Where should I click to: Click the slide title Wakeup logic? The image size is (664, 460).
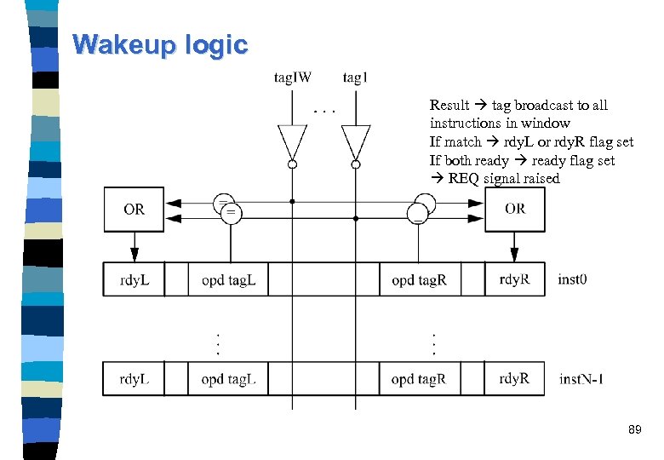tap(160, 44)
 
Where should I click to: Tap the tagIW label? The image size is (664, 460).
tap(292, 78)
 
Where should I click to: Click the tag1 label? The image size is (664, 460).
tap(355, 78)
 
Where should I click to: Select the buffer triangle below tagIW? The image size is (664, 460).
tap(291, 141)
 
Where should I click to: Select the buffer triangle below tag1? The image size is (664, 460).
tap(356, 141)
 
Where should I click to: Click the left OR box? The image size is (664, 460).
tap(134, 209)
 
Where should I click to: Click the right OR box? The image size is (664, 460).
tap(514, 209)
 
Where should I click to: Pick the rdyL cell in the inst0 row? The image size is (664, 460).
tap(134, 279)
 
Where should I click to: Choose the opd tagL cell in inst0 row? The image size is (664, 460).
tap(228, 279)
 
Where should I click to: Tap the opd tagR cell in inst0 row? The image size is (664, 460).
tap(419, 279)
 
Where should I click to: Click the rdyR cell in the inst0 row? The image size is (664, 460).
tap(514, 279)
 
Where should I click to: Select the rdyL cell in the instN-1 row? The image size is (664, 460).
tap(134, 379)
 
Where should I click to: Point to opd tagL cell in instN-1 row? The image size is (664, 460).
tap(228, 379)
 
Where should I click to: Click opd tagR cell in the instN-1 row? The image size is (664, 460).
tap(419, 379)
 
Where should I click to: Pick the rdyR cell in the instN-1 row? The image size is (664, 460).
tap(514, 379)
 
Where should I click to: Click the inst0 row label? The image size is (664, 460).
tap(573, 279)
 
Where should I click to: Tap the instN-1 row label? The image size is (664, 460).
tap(581, 379)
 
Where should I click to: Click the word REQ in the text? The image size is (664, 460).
tap(465, 179)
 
